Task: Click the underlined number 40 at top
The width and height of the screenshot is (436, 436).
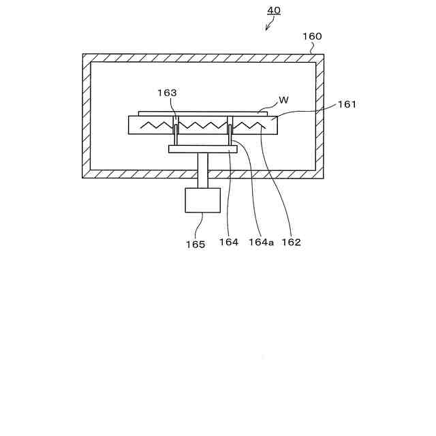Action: click(x=273, y=10)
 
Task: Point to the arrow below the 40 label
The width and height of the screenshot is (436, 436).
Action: click(x=270, y=25)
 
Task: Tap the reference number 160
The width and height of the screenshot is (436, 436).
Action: click(x=311, y=36)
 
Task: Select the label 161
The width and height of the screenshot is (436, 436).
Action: click(x=346, y=104)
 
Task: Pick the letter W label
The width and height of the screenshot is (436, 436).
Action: click(x=284, y=99)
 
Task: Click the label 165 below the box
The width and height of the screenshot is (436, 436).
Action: click(x=195, y=244)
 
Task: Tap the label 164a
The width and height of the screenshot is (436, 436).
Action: click(x=261, y=242)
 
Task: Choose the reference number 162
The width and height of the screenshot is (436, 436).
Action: click(x=291, y=242)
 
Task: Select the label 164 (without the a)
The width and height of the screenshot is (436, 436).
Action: click(x=229, y=242)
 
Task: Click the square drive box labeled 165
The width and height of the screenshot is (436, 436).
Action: click(x=202, y=200)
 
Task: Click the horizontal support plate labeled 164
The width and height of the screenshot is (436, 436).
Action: click(x=202, y=149)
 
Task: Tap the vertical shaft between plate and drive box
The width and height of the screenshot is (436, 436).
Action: click(x=202, y=170)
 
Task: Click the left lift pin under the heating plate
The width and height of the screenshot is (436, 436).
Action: click(x=176, y=133)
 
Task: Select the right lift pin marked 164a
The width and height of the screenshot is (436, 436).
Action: click(x=230, y=133)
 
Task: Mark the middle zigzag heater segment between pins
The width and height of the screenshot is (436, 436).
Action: click(x=202, y=125)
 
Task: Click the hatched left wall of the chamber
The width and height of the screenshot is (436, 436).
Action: click(x=87, y=116)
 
